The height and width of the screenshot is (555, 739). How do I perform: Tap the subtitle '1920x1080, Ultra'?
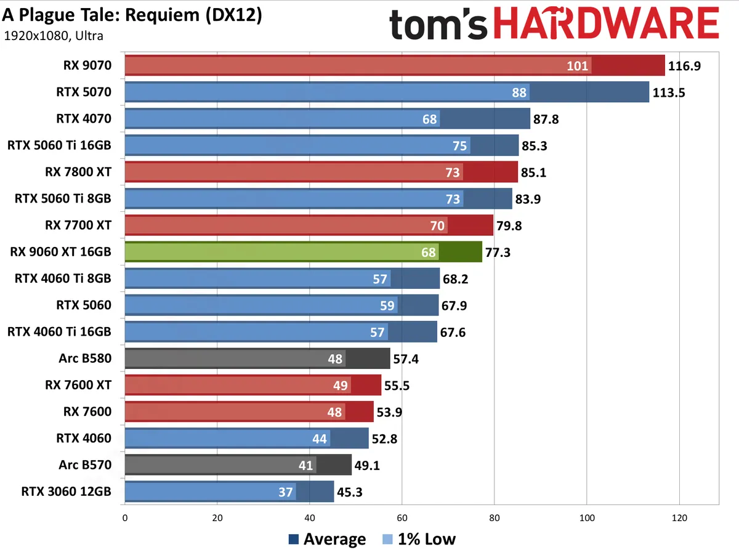[x=54, y=36]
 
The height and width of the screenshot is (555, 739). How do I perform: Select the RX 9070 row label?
[x=87, y=65]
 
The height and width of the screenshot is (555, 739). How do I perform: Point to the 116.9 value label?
[x=685, y=66]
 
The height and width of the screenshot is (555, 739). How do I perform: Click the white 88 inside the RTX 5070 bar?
[x=519, y=92]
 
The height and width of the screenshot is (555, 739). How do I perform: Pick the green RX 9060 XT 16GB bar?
[x=303, y=252]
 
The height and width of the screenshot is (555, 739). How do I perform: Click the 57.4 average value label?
[x=406, y=359]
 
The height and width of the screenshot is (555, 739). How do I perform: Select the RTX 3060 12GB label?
[x=67, y=492]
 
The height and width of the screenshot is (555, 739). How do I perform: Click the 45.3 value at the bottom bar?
[x=350, y=492]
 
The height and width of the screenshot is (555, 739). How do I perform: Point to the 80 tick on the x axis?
[x=495, y=518]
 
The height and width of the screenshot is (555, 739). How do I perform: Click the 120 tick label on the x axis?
[x=679, y=518]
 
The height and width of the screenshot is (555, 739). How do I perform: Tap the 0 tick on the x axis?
[x=125, y=518]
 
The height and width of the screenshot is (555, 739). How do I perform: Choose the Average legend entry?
[x=326, y=540]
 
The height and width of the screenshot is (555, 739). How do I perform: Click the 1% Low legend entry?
[x=418, y=540]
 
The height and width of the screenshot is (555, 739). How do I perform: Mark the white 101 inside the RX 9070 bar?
[x=578, y=66]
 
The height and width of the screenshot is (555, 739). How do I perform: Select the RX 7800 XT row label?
[x=78, y=172]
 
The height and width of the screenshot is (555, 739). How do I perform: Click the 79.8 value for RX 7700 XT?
[x=509, y=225]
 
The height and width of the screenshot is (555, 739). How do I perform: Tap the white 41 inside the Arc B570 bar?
[x=306, y=465]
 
